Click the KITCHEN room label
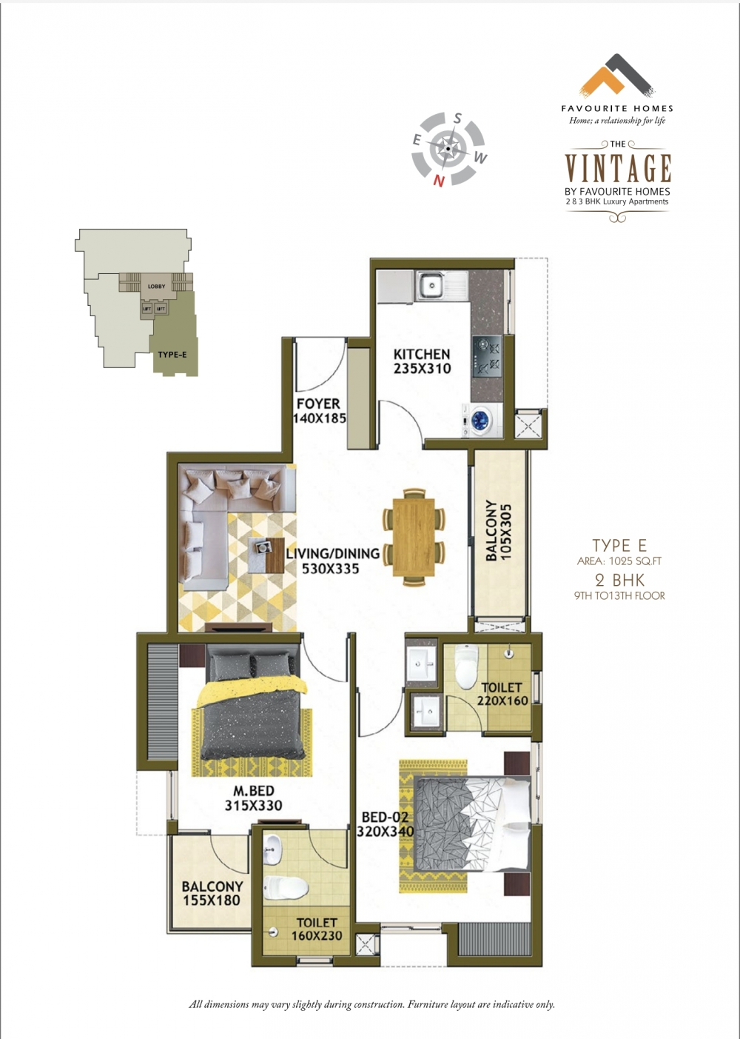point(422,355)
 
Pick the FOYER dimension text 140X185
point(320,418)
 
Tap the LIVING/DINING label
point(333,553)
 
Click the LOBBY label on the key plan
point(156,286)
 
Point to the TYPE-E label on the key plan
point(172,355)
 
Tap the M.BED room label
point(254,790)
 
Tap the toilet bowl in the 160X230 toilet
point(286,888)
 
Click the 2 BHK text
point(619,581)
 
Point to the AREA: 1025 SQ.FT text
point(619,561)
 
